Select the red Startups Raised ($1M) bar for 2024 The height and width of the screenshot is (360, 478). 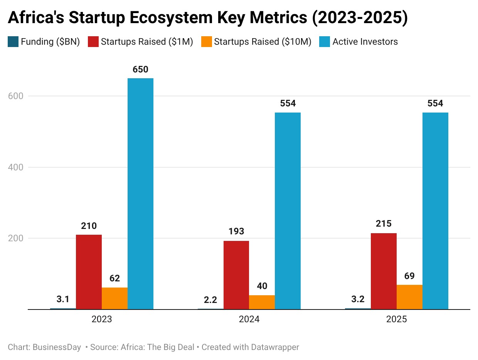click(236, 275)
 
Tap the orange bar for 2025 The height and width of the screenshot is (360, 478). click(409, 297)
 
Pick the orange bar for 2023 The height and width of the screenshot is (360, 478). click(114, 298)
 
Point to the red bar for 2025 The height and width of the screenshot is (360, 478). click(384, 271)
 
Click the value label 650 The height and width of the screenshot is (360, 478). click(140, 69)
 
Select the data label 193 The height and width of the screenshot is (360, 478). click(236, 231)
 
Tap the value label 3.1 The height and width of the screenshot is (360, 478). click(63, 299)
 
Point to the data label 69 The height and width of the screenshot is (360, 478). click(409, 276)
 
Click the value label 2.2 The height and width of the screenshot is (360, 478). click(210, 299)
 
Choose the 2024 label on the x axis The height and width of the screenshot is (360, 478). click(249, 320)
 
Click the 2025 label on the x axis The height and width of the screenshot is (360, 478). click(397, 320)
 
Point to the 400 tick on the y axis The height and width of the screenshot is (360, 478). click(15, 167)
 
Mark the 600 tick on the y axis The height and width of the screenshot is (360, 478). click(15, 96)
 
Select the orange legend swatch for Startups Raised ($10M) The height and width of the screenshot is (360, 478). click(207, 42)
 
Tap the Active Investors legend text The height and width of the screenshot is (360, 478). click(365, 42)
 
